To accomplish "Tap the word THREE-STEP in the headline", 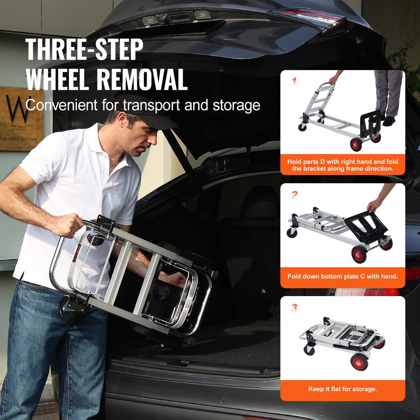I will tap(84, 50).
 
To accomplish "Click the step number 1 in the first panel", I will tap(294, 81).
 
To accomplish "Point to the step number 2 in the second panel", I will tap(294, 194).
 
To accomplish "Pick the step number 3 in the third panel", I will tap(294, 307).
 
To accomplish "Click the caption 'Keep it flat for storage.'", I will tap(342, 389).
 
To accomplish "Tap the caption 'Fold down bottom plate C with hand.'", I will tap(342, 276).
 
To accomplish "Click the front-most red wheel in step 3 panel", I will tap(359, 362).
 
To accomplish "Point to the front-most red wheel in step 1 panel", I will tap(356, 144).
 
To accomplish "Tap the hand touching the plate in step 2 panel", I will tap(374, 205).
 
